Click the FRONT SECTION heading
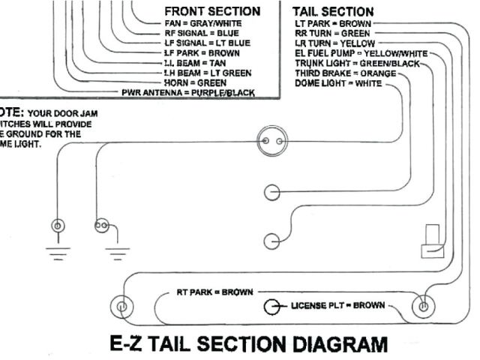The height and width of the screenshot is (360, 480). click(212, 11)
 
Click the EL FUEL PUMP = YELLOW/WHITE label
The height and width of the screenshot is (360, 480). click(361, 54)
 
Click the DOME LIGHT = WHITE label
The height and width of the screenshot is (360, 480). click(338, 84)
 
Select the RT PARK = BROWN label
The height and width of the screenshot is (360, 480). click(214, 291)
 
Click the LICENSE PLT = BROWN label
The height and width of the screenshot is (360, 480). click(337, 306)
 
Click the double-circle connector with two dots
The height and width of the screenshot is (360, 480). click(271, 141)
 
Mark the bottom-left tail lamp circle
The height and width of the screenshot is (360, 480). click(120, 306)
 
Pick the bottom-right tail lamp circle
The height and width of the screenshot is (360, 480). click(424, 306)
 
